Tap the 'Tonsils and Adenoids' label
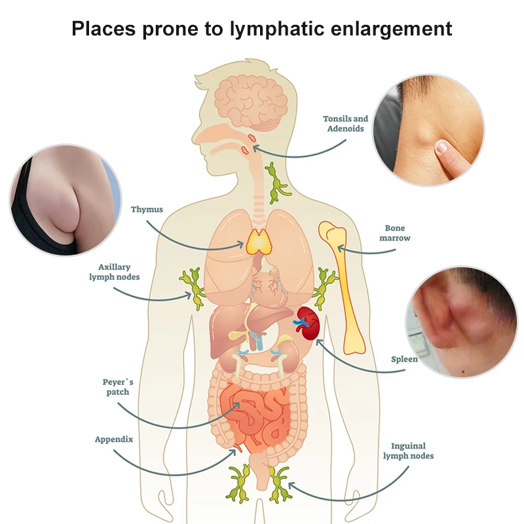[x=345, y=124]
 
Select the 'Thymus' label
[x=147, y=210]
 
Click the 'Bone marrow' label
[x=395, y=233]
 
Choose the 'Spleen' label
[x=404, y=359]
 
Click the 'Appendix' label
[x=114, y=440]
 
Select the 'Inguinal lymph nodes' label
[x=407, y=450]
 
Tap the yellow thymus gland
[x=260, y=243]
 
